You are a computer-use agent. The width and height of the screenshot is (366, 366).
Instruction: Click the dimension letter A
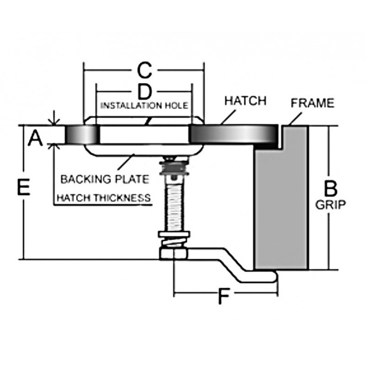pos(36,136)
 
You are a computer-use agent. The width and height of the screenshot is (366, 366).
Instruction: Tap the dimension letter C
pos(144,71)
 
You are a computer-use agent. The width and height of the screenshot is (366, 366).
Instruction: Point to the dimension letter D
pos(144,92)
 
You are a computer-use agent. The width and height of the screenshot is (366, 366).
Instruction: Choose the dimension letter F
pos(223,297)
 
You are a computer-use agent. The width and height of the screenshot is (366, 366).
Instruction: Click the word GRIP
pos(331,205)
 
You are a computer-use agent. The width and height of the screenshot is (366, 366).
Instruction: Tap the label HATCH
pos(245,101)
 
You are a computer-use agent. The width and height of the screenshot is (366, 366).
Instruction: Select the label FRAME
pos(313,103)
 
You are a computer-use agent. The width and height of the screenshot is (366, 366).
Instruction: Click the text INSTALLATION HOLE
pos(144,106)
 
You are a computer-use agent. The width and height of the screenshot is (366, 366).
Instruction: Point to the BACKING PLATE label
pos(105,178)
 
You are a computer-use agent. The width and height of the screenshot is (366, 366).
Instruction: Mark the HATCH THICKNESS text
pos(103,198)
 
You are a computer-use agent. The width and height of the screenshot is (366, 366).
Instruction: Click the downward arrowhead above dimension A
pos(54,122)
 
